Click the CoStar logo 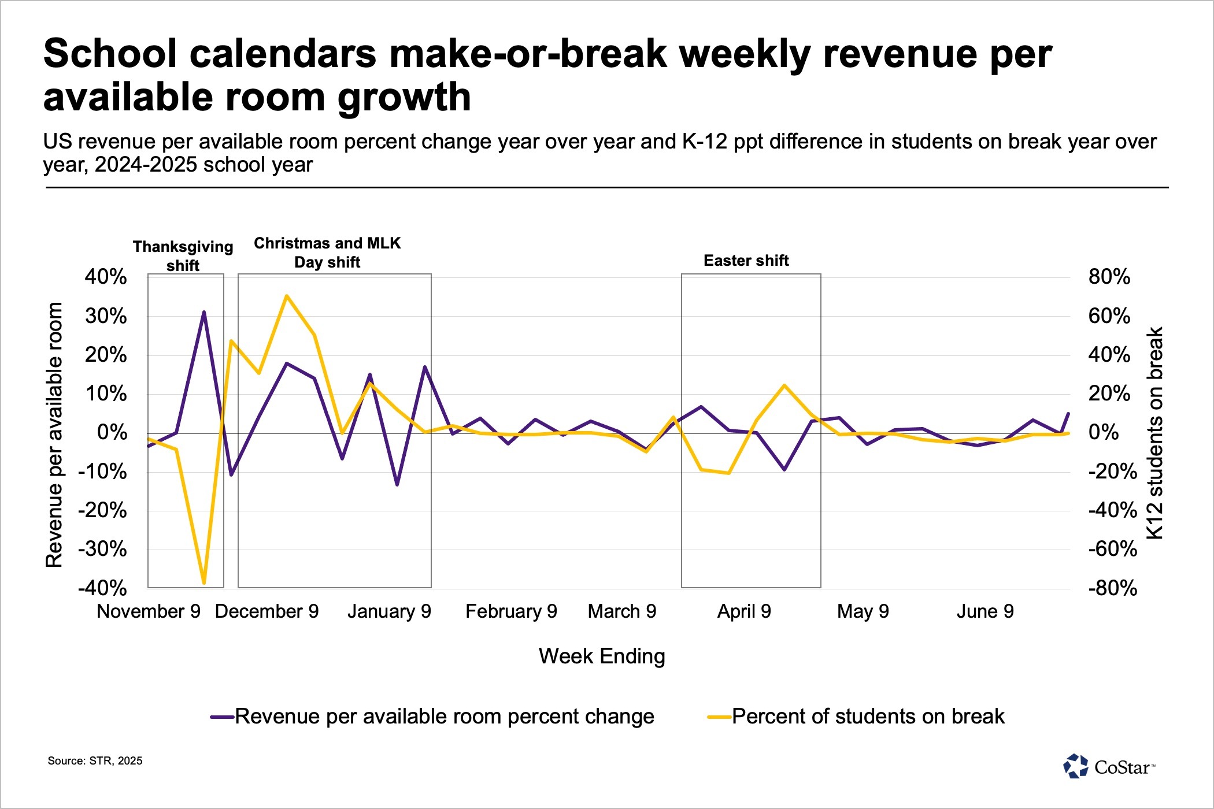tap(1109, 767)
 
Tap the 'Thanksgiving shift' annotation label tap(183, 256)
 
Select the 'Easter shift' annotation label tap(746, 261)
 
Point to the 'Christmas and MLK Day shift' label tap(327, 253)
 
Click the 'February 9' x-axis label tap(511, 611)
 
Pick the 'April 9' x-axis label tap(744, 611)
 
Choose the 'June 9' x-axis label tap(985, 611)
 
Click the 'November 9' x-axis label tap(149, 611)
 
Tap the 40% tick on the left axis tap(106, 277)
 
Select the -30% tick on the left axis tap(102, 549)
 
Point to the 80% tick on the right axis tap(1109, 277)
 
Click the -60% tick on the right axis tap(1112, 549)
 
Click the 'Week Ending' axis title tap(602, 656)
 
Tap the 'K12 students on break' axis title tap(1154, 433)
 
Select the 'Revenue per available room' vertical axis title tap(54, 435)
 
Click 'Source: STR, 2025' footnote tap(95, 761)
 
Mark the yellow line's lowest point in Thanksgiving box tap(204, 583)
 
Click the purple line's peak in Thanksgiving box tap(204, 312)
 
